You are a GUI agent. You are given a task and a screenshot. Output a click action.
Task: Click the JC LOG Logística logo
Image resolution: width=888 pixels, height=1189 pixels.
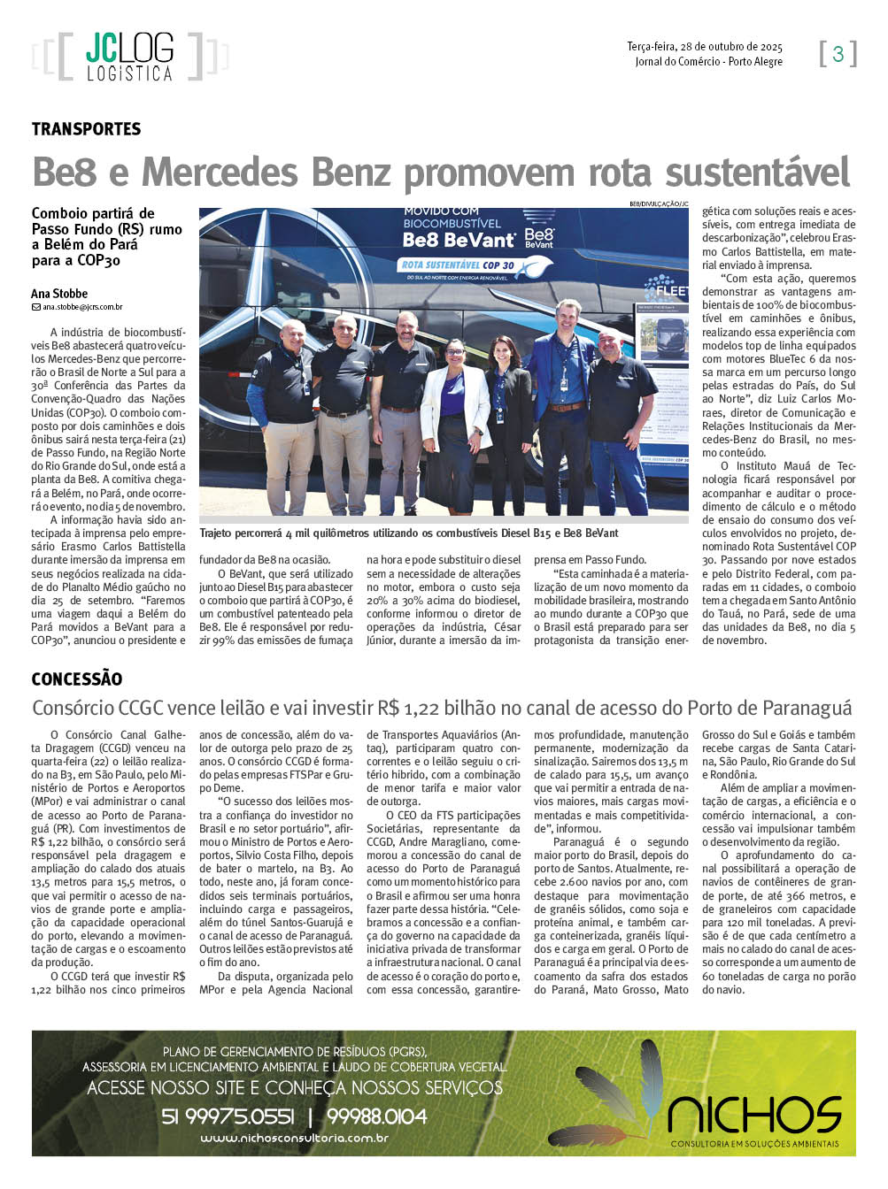click(129, 57)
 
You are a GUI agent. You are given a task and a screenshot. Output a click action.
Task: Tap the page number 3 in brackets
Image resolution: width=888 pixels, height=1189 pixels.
click(838, 53)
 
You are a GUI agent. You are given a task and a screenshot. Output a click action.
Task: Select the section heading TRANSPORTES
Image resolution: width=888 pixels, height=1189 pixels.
click(86, 129)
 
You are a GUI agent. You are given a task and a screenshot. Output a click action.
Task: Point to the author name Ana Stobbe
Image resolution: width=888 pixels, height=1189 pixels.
click(59, 294)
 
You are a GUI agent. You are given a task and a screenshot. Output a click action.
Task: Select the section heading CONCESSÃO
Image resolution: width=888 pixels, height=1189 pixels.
click(77, 679)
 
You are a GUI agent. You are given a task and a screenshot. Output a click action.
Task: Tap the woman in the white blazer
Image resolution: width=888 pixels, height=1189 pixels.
click(455, 420)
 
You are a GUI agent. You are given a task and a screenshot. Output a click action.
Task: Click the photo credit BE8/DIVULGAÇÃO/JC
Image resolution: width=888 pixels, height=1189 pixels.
click(659, 203)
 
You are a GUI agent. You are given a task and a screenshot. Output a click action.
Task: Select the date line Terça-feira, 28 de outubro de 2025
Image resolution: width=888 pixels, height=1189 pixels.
click(705, 47)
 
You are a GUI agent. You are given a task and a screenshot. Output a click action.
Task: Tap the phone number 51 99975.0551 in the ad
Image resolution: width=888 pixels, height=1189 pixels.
click(228, 1116)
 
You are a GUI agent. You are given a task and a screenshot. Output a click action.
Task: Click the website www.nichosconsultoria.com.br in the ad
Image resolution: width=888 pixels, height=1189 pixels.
click(294, 1139)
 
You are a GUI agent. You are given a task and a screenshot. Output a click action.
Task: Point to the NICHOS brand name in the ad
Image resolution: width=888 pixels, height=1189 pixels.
click(754, 1115)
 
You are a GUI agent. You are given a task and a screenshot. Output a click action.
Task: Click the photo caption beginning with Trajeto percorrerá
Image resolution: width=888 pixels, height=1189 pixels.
click(409, 533)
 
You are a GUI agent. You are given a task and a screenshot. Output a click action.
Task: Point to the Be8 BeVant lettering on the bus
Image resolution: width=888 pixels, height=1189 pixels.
click(459, 240)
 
